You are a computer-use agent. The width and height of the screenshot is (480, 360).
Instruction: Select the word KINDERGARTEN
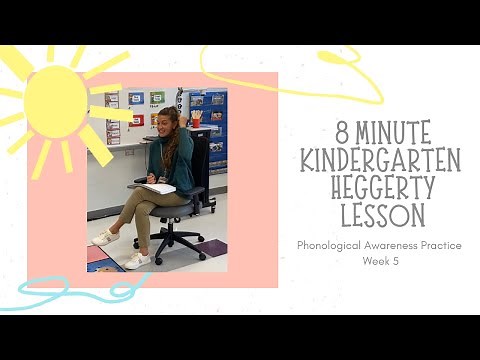coord(380,160)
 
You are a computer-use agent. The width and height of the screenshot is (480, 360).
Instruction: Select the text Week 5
coord(380,262)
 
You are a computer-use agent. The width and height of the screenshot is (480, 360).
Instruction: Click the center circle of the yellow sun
coord(55,100)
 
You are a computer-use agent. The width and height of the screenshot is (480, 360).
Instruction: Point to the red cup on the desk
coord(196,119)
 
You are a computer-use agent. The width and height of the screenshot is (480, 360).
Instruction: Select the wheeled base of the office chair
coord(180,245)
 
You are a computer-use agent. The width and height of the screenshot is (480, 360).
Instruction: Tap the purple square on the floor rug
coord(213,247)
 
